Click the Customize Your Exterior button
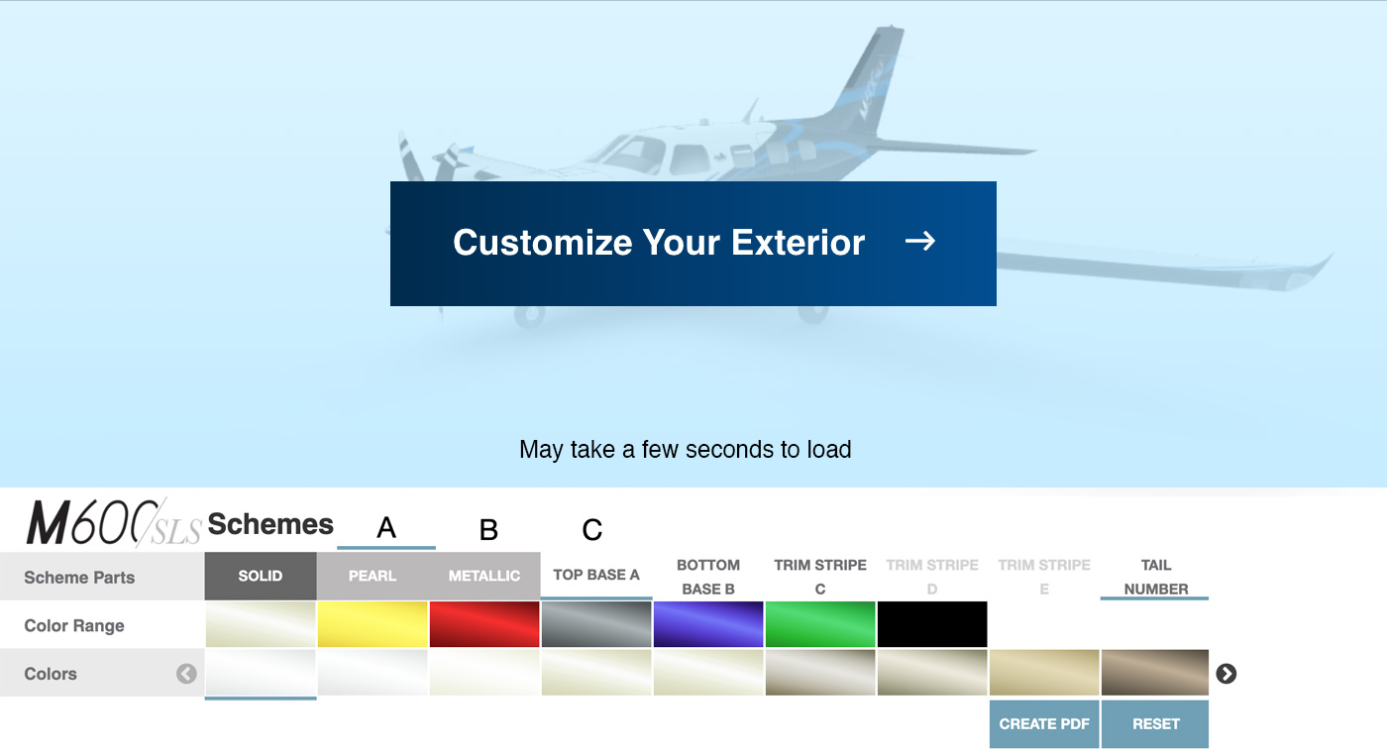pyautogui.click(x=693, y=244)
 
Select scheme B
pyautogui.click(x=488, y=530)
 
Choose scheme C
pyautogui.click(x=592, y=530)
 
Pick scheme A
pyautogui.click(x=386, y=528)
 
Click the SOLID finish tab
pyautogui.click(x=261, y=576)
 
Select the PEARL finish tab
pyautogui.click(x=373, y=576)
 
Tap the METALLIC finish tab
pyautogui.click(x=484, y=576)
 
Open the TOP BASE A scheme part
pyautogui.click(x=596, y=576)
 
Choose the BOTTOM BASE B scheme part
pyautogui.click(x=708, y=577)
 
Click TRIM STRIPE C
pyautogui.click(x=820, y=577)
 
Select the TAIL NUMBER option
pyautogui.click(x=1155, y=577)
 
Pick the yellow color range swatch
pyautogui.click(x=373, y=624)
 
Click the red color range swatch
pyautogui.click(x=484, y=624)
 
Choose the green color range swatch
pyautogui.click(x=820, y=624)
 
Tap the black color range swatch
pyautogui.click(x=932, y=624)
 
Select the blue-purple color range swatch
pyautogui.click(x=708, y=624)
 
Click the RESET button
pyautogui.click(x=1155, y=724)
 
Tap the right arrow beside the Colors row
pyautogui.click(x=1227, y=674)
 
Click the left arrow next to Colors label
pyautogui.click(x=186, y=674)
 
